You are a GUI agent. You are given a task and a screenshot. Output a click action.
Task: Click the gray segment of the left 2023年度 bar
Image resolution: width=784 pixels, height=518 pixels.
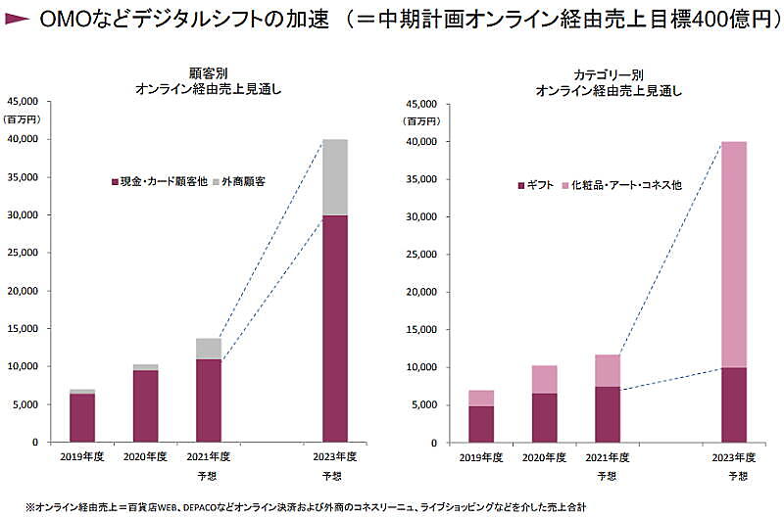tap(334, 176)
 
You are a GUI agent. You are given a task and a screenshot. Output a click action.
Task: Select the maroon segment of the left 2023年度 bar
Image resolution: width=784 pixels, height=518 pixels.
tap(334, 328)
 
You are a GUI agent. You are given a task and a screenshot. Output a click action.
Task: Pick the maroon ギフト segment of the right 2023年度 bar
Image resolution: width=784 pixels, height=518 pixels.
tap(733, 404)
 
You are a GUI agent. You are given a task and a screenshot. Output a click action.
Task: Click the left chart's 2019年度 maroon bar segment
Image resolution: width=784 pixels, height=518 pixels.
tap(82, 417)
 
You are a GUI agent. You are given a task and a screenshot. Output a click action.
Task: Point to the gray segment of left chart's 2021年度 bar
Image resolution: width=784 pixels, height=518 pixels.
tap(208, 349)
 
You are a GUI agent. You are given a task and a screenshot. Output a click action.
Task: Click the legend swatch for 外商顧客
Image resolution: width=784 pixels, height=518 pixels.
tap(216, 181)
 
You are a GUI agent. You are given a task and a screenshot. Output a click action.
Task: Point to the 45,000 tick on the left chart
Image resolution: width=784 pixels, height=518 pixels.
tap(21, 101)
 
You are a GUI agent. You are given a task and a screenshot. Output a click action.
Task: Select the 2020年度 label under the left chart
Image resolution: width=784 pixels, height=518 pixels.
tap(145, 456)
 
